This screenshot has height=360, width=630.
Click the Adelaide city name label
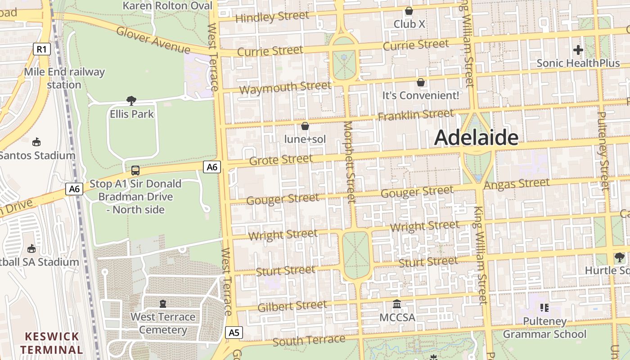click(476, 137)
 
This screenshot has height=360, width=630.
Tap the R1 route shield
click(41, 49)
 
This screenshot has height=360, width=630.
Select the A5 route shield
click(234, 333)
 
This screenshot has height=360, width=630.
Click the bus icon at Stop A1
click(135, 170)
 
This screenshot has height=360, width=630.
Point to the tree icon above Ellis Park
click(131, 100)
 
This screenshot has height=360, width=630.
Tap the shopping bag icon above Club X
click(409, 11)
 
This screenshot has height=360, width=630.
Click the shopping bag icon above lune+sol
click(305, 126)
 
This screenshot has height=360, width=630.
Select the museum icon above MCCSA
click(397, 304)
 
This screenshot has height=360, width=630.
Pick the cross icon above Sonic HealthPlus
click(578, 49)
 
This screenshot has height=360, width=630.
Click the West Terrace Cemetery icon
click(162, 304)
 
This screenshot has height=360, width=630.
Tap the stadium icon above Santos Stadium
click(36, 142)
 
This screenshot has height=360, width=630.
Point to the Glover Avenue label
click(153, 40)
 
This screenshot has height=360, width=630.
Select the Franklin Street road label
click(416, 115)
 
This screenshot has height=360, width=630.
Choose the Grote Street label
click(280, 160)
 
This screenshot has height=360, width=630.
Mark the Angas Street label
click(517, 184)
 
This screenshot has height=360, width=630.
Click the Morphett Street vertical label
click(349, 162)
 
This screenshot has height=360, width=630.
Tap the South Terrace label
click(309, 341)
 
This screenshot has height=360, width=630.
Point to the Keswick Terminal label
click(51, 343)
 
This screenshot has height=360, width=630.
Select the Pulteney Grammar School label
click(544, 328)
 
